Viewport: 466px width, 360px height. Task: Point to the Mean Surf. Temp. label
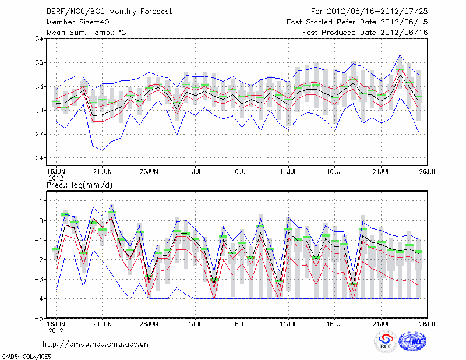[86, 33]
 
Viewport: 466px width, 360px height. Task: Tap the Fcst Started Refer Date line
[357, 22]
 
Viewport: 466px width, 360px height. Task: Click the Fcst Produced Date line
[365, 33]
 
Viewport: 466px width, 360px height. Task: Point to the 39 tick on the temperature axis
[40, 39]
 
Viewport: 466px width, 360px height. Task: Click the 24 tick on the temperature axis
[40, 158]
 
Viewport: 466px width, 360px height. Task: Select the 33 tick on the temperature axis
[40, 86]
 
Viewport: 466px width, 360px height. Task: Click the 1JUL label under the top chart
[196, 172]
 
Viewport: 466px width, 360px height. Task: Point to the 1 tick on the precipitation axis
[41, 201]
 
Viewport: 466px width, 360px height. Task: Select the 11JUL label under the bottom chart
[288, 323]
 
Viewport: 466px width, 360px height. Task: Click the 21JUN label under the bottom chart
[102, 323]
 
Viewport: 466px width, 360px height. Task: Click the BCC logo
[386, 342]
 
